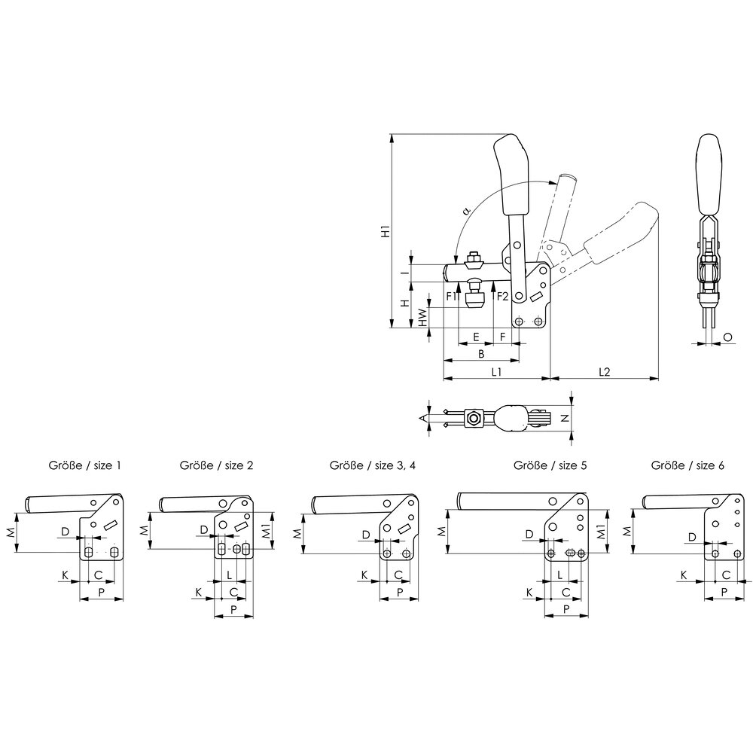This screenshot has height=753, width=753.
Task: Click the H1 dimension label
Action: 385,231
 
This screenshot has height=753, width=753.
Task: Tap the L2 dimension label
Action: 604,372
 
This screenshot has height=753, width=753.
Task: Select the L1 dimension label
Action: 496,372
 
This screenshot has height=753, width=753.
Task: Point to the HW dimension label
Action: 422,318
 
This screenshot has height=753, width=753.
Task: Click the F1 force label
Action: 452,296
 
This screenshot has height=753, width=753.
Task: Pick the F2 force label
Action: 502,296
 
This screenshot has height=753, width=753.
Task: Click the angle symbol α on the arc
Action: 465,210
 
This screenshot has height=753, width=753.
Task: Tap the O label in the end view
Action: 727,337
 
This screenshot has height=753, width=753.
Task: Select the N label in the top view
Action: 565,418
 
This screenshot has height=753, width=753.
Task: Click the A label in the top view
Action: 423,418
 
